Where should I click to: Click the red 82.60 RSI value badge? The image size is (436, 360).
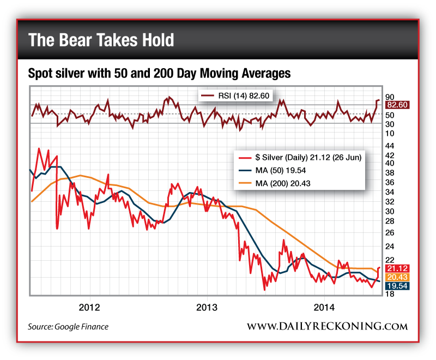point(397,105)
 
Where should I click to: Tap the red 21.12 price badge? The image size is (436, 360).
point(397,268)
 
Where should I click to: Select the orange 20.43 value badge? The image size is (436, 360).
point(397,277)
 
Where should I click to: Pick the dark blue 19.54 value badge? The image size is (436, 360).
point(397,285)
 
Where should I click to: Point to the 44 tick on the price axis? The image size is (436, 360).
point(390,146)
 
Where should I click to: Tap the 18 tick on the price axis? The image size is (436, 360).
point(390,295)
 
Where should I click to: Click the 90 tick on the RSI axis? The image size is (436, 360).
point(390,95)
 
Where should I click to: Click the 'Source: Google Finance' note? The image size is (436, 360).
point(68,326)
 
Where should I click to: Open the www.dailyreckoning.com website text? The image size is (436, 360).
point(327,326)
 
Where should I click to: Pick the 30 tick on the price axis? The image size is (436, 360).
point(390,211)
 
